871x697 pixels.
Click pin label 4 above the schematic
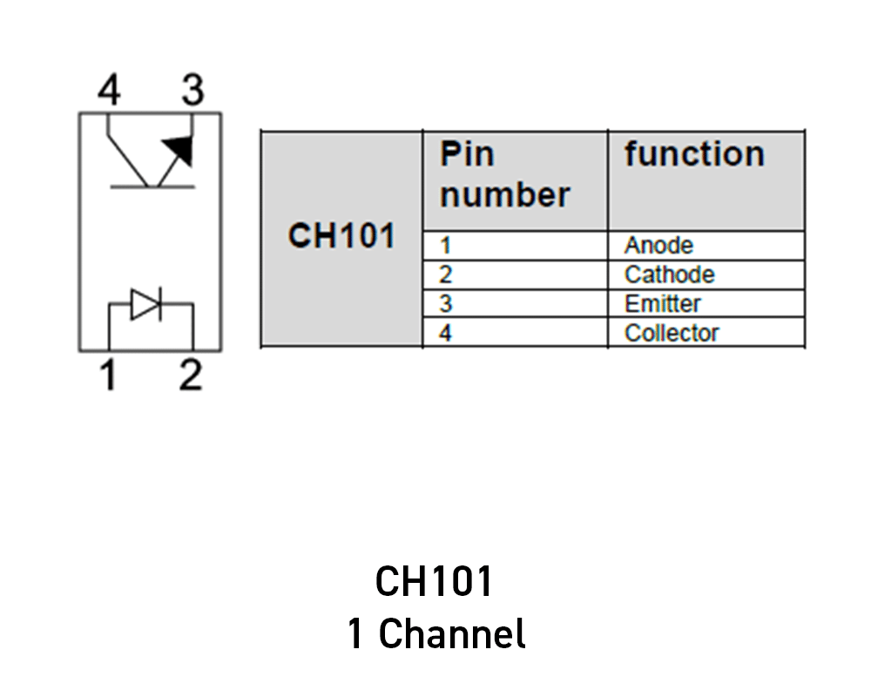pyautogui.click(x=109, y=91)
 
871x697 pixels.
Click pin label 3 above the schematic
pyautogui.click(x=191, y=91)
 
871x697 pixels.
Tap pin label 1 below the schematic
pyautogui.click(x=108, y=376)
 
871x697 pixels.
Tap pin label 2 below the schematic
pyautogui.click(x=190, y=376)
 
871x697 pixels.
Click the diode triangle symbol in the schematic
pyautogui.click(x=145, y=304)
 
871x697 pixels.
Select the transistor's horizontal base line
pyautogui.click(x=152, y=186)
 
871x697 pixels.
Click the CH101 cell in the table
pyautogui.click(x=341, y=236)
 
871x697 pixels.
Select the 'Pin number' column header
pyautogui.click(x=505, y=175)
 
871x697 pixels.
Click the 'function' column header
pyautogui.click(x=694, y=155)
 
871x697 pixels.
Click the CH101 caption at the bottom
pyautogui.click(x=434, y=582)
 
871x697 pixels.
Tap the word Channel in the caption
pyautogui.click(x=452, y=633)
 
